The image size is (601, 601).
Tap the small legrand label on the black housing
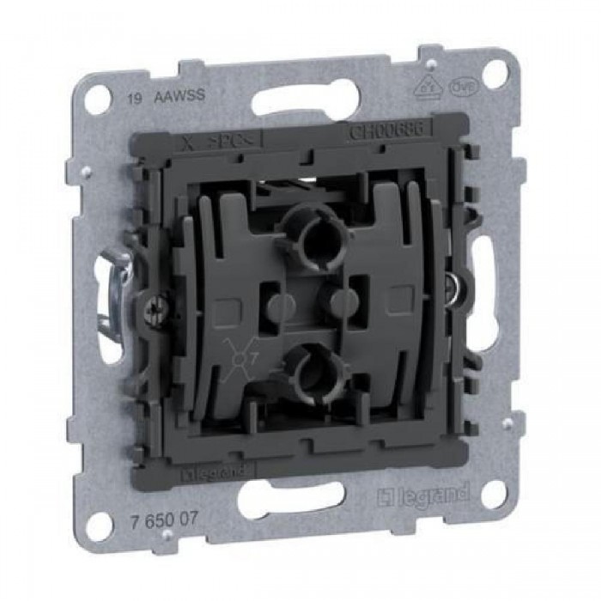[216, 470]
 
